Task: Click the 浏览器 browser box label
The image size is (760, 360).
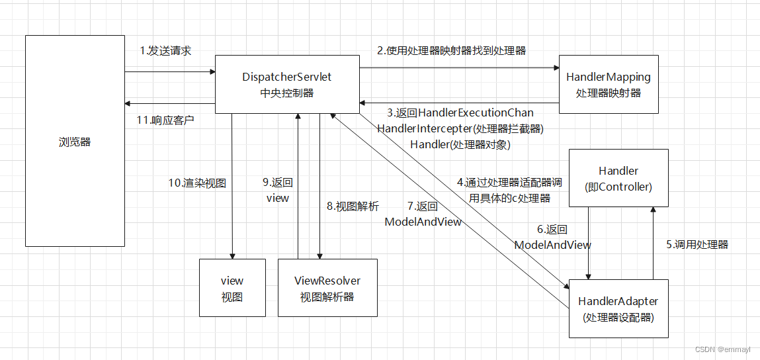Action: (x=75, y=142)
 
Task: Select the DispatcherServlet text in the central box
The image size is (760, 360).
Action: (x=287, y=77)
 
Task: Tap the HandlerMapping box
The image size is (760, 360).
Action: (x=608, y=85)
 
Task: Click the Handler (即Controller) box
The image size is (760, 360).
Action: (x=618, y=179)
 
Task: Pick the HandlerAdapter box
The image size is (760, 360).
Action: (x=618, y=308)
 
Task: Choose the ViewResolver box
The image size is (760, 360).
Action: (x=327, y=288)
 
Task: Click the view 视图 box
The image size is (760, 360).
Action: (x=232, y=288)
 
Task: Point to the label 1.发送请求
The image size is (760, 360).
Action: (x=165, y=51)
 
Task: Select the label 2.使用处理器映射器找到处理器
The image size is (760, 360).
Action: (x=452, y=50)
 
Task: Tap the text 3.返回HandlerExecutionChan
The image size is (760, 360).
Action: (x=460, y=113)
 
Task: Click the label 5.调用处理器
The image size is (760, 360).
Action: (x=697, y=244)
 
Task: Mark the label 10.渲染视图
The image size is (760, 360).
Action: (x=197, y=183)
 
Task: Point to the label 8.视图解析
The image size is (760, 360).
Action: (x=353, y=206)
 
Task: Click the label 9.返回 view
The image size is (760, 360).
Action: (x=278, y=190)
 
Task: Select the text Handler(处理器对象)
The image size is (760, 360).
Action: (x=460, y=144)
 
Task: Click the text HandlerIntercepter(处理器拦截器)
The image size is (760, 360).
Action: (x=460, y=128)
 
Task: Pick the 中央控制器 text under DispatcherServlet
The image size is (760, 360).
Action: (x=287, y=93)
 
